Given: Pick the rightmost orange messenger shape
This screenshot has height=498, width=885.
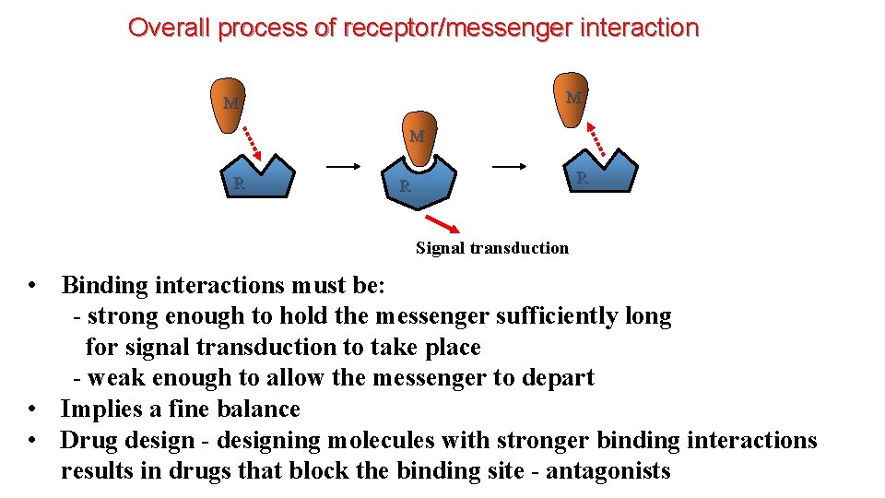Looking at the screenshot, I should [x=572, y=98].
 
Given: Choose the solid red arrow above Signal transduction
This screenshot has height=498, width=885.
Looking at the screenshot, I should [x=443, y=225].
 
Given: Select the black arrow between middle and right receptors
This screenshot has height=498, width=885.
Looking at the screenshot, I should [x=510, y=167].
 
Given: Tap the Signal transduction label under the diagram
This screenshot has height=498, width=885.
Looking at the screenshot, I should [x=492, y=248].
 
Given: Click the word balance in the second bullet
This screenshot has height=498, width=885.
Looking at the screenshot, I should [x=256, y=409].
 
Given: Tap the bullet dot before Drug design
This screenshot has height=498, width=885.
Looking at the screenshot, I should [x=33, y=440].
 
